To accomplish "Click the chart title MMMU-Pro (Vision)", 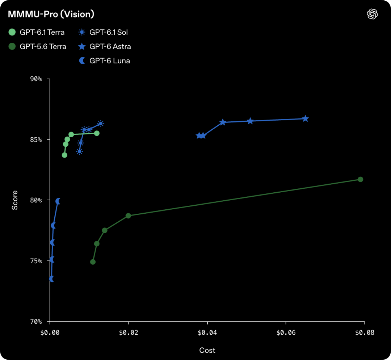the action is click(51, 14).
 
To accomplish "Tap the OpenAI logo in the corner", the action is click(372, 14).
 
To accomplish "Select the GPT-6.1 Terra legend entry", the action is click(37, 32).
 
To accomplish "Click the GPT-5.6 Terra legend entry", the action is click(37, 46).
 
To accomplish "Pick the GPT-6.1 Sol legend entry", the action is click(103, 32).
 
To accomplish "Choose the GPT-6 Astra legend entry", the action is click(105, 46).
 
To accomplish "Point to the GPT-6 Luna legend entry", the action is click(104, 60).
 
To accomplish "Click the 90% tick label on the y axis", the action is click(36, 79).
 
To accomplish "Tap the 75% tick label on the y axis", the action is click(36, 261).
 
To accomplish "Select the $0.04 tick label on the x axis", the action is click(207, 332).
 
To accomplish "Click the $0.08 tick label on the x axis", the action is click(365, 332).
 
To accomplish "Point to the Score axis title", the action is click(15, 200).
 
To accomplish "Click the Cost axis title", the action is click(207, 350).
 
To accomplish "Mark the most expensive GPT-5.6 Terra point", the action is click(360, 179).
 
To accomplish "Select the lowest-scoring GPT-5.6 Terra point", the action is click(93, 262).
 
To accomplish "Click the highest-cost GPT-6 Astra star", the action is click(306, 119).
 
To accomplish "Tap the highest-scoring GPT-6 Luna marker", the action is click(58, 201).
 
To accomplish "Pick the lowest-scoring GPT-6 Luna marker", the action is click(51, 279).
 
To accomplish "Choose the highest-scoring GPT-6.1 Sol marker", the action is click(101, 124).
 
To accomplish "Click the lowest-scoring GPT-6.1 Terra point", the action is click(64, 155).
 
